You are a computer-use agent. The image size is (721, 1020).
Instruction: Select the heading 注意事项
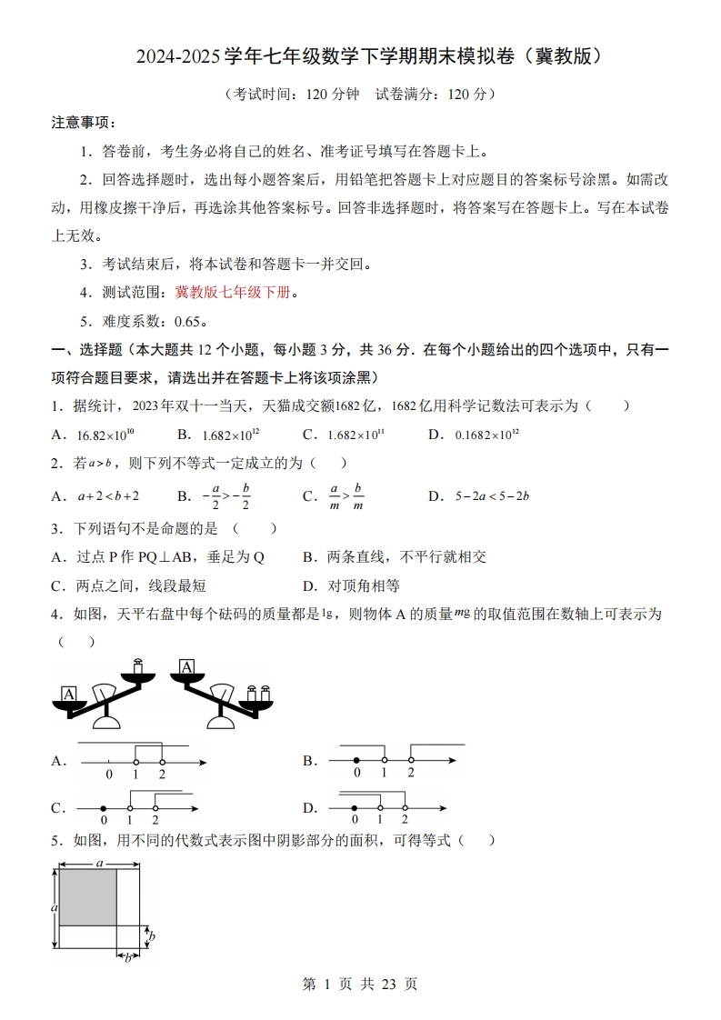80,123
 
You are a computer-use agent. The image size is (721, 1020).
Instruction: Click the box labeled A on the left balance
68,695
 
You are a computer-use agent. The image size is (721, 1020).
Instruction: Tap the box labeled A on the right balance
187,669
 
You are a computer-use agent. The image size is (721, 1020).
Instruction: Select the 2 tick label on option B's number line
410,773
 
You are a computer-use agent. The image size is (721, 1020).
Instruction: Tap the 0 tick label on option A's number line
109,775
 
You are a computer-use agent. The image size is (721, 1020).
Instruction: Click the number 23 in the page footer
387,984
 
